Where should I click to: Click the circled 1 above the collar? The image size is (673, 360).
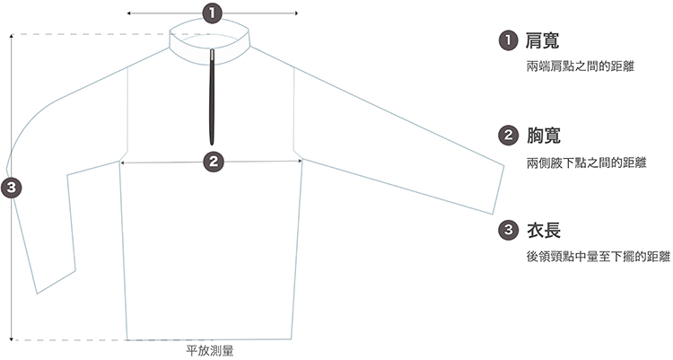coord(212,13)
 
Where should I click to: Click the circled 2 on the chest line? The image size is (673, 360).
coord(213,162)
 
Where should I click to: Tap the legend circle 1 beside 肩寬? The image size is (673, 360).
coord(508,40)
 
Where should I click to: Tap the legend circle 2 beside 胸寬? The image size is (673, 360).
coord(508,136)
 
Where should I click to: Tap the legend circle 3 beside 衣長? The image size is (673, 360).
coord(508,230)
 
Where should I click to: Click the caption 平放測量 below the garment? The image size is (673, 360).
coord(209,350)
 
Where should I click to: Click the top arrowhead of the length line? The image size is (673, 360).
coord(12,37)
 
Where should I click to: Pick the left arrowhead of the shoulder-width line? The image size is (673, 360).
coord(130,13)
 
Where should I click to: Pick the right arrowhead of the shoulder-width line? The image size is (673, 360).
coord(296,13)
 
